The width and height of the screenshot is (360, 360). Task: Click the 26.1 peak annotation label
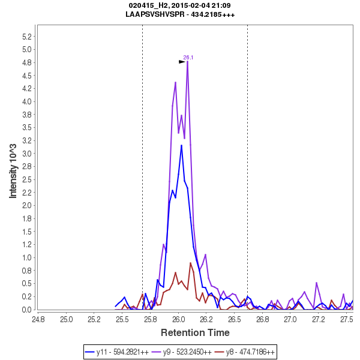[x=188, y=58]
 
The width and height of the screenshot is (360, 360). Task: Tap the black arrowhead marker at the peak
[x=182, y=61]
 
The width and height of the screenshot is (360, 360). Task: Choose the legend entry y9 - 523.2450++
[x=187, y=352]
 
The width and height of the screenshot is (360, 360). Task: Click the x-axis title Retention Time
[x=194, y=332]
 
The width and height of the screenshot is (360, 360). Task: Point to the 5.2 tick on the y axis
[x=26, y=36]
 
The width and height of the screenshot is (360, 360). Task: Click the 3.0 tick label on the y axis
[x=26, y=153]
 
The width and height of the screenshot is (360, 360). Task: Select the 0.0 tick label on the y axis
[x=26, y=310]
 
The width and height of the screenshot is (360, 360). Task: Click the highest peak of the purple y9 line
[x=188, y=62]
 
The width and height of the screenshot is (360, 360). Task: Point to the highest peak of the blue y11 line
[x=182, y=145]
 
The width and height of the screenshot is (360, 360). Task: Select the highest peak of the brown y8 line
[x=191, y=263]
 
